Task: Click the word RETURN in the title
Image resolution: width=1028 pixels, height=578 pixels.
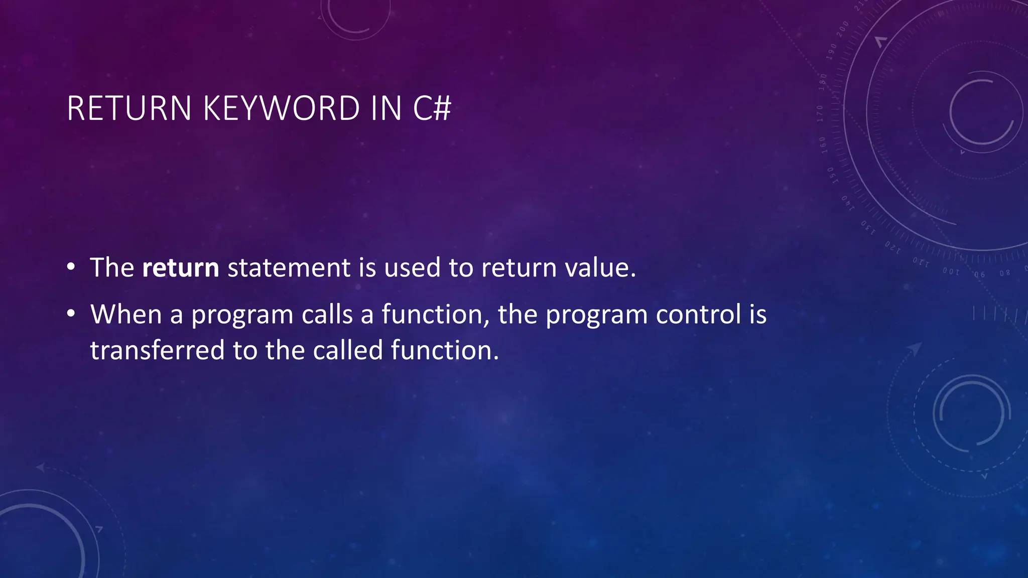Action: coord(129,108)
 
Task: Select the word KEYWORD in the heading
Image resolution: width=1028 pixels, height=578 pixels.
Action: coord(281,108)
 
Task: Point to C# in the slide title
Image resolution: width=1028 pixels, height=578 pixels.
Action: coord(432,108)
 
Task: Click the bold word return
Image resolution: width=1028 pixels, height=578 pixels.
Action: coord(181,267)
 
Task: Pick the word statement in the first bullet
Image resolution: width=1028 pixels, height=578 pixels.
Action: coord(289,267)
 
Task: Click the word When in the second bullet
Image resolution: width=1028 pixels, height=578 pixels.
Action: coord(126,315)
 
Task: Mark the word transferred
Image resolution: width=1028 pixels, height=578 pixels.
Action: coord(157,350)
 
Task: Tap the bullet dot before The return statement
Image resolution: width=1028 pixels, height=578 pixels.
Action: coord(71,267)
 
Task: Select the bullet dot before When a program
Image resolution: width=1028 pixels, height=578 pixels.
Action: coord(71,315)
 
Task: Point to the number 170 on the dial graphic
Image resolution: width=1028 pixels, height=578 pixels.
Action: coord(820,113)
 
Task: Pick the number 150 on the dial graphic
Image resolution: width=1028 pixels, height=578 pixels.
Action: coord(831,175)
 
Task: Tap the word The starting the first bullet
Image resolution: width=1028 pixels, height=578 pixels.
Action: coord(112,267)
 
